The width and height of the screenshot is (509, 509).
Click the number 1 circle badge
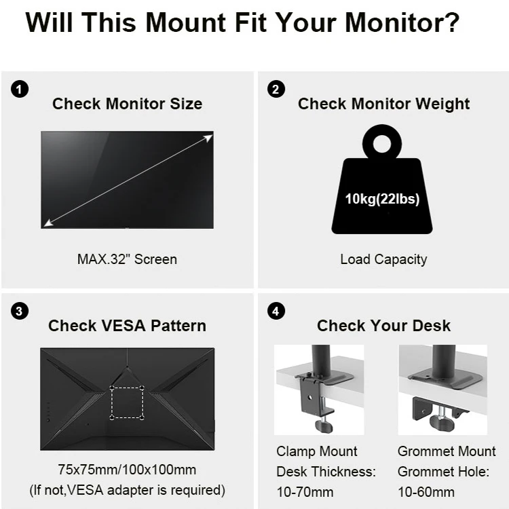click(x=20, y=90)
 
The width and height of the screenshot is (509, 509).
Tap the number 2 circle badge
click(x=276, y=90)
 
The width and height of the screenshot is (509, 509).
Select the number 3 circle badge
click(x=20, y=311)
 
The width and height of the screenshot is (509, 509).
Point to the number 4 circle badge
click(x=276, y=311)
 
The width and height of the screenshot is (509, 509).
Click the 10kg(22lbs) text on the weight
click(x=382, y=199)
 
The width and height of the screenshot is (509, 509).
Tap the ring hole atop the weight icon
click(x=382, y=143)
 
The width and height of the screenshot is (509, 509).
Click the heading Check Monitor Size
click(x=128, y=104)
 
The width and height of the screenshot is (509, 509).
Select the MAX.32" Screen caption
click(x=127, y=259)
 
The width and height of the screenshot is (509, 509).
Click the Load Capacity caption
click(x=383, y=260)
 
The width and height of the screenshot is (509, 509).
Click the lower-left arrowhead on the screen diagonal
click(x=48, y=223)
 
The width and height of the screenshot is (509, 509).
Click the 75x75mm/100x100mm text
click(x=127, y=470)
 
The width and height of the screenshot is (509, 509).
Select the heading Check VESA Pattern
click(x=128, y=326)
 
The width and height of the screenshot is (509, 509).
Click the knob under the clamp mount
click(x=324, y=426)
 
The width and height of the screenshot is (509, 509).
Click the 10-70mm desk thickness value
click(x=305, y=492)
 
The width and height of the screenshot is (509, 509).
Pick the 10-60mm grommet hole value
click(x=426, y=492)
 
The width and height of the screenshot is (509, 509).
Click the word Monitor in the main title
click(x=402, y=22)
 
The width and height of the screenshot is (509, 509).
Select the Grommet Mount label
click(x=447, y=451)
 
